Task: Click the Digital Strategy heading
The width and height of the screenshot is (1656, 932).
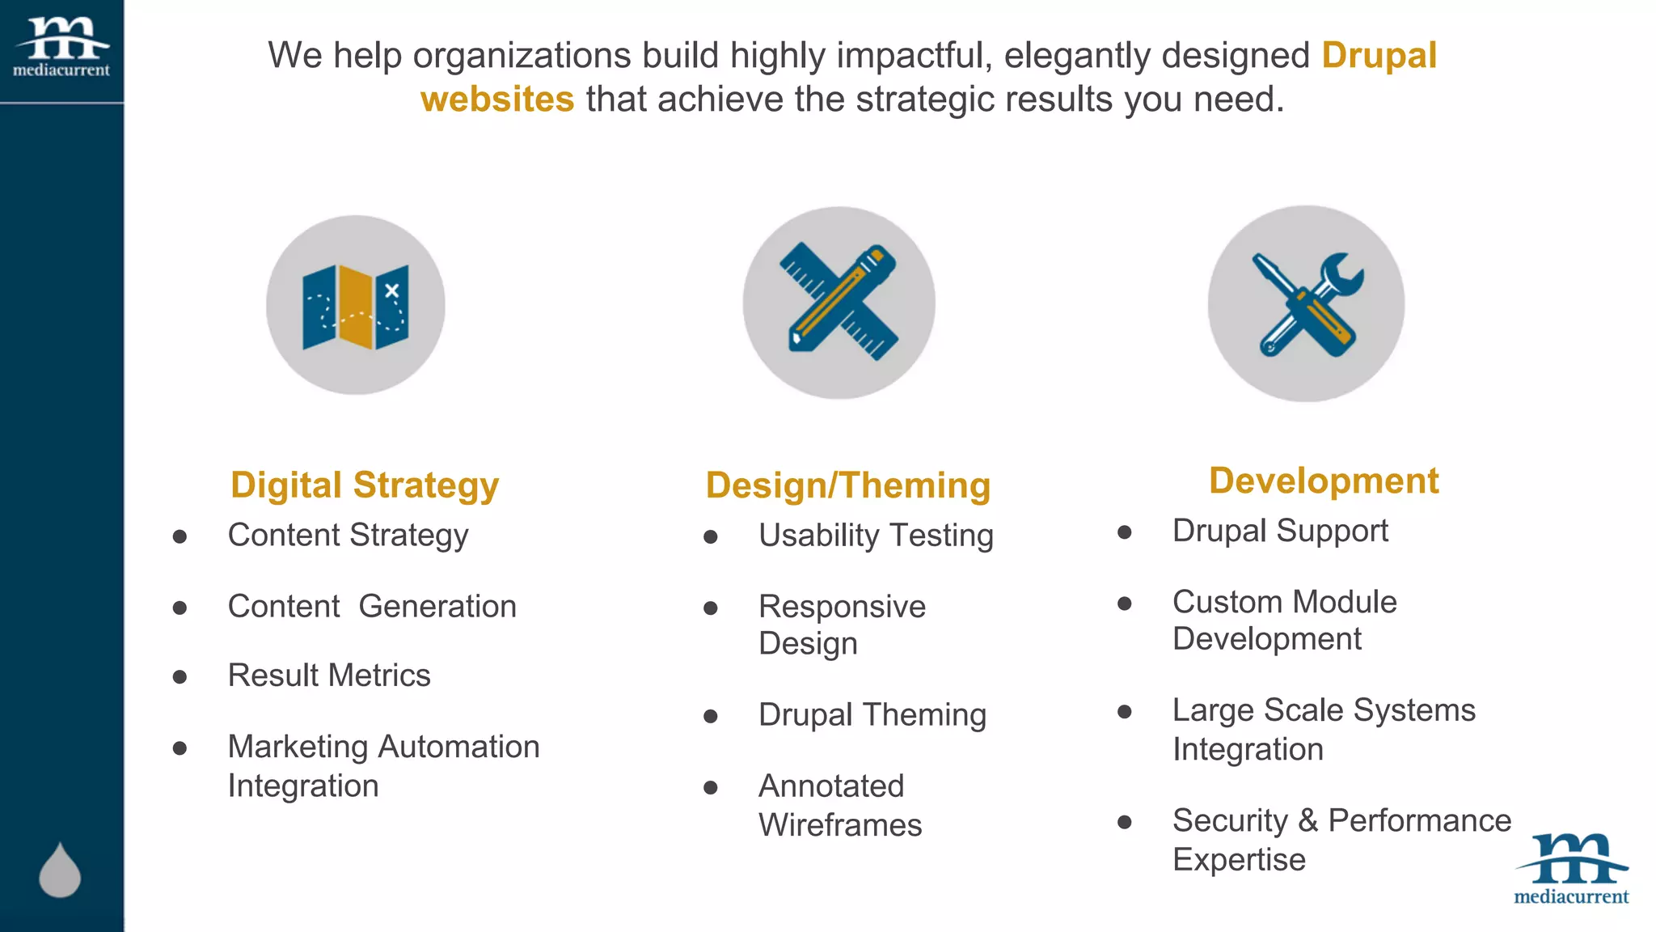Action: point(365,485)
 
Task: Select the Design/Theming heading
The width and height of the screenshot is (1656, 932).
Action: point(848,485)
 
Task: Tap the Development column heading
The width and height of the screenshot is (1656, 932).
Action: point(1324,481)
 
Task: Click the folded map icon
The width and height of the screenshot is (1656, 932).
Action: point(356,307)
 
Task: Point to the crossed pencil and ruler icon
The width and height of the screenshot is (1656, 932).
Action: point(839,302)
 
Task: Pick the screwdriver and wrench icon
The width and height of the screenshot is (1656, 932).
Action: point(1306,304)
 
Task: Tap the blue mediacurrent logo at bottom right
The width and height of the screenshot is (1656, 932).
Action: point(1571,868)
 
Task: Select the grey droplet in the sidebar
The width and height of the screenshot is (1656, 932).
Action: point(60,871)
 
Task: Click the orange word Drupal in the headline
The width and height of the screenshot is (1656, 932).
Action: point(1379,56)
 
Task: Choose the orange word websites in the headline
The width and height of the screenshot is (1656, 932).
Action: point(497,100)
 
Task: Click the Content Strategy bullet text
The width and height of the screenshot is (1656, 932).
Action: point(348,536)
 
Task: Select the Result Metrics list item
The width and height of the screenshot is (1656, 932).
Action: point(329,676)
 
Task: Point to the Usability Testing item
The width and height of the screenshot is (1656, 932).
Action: point(876,536)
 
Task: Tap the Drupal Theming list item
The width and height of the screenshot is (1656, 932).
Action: point(872,715)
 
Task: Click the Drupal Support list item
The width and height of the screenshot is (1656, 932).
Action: point(1280,532)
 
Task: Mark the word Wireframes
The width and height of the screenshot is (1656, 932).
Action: point(840,825)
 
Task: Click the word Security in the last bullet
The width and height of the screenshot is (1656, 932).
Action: point(1230,821)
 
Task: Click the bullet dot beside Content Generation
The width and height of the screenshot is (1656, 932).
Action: point(180,608)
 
